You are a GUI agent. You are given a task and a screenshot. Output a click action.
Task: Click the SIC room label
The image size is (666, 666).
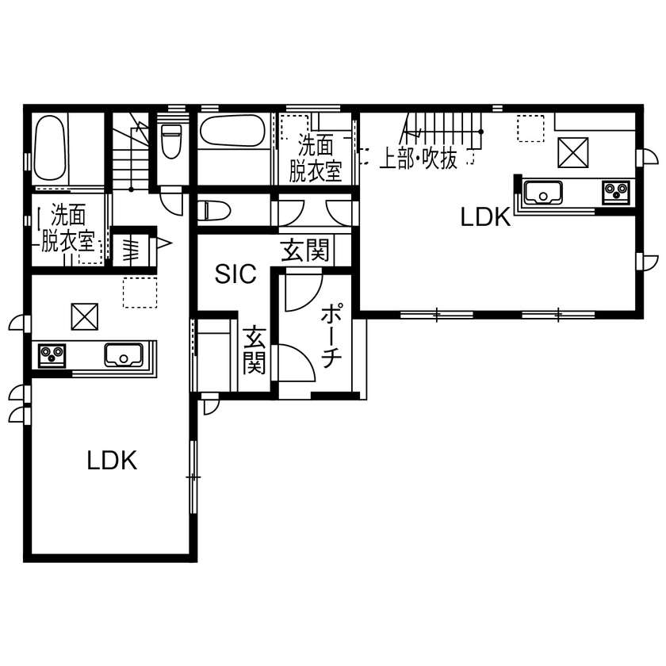[236, 274]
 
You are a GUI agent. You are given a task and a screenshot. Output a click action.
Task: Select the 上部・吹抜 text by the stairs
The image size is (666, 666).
[418, 159]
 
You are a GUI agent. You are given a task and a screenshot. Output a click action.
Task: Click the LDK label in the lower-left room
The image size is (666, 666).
[112, 461]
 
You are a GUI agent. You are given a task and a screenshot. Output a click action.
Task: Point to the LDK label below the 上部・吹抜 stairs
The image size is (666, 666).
[485, 217]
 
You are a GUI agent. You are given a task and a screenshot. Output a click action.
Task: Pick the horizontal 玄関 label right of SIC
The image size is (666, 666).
[304, 252]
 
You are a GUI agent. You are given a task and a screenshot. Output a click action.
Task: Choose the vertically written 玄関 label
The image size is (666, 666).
[254, 350]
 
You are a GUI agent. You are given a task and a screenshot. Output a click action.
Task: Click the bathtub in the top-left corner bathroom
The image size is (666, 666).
[49, 150]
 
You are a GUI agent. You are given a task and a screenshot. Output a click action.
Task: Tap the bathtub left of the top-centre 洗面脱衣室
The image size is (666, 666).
[232, 132]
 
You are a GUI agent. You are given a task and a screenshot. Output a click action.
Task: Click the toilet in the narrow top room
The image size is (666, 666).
[171, 143]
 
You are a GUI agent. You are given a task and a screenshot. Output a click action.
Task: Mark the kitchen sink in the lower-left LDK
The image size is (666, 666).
[123, 354]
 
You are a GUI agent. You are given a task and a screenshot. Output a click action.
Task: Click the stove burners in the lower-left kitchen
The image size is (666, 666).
[52, 354]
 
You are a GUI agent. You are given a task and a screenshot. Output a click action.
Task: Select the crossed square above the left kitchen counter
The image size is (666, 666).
[82, 317]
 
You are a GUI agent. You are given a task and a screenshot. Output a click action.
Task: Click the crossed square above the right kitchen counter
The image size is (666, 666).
[573, 152]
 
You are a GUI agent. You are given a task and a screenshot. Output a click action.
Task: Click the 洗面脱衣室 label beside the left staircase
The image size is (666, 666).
[68, 228]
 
